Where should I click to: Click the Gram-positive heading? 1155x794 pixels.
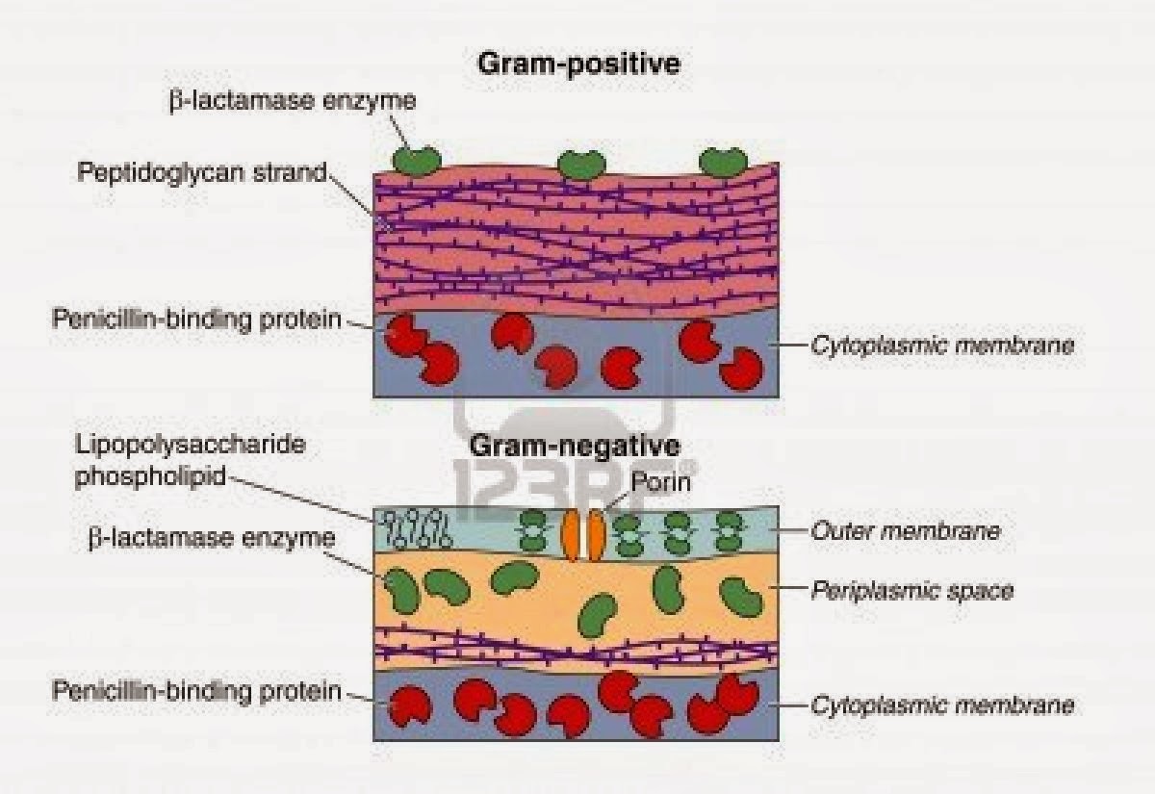[x=577, y=65]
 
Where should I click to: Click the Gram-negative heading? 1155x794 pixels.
[x=575, y=447]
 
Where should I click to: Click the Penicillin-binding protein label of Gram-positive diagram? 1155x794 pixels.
[x=197, y=318]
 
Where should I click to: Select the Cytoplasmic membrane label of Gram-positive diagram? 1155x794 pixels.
[x=941, y=345]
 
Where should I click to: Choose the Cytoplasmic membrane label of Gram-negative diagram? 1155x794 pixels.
[x=941, y=705]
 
